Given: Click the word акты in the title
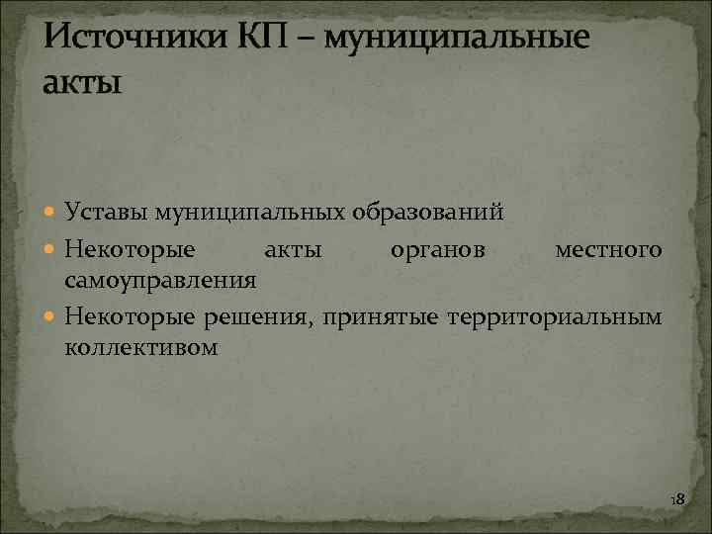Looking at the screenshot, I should tap(83, 82).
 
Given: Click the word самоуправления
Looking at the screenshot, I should tap(160, 281).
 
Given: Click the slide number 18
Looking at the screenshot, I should tap(677, 500).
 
